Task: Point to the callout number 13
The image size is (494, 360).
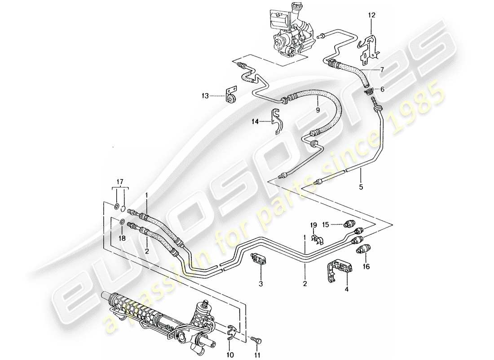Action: [x=205, y=95]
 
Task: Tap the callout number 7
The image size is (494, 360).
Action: [x=382, y=70]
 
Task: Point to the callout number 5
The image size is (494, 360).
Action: [x=361, y=185]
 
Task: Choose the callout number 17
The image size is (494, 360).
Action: [x=120, y=182]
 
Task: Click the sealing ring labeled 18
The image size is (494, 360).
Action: [x=122, y=221]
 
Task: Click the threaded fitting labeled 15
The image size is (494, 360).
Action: [x=348, y=224]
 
